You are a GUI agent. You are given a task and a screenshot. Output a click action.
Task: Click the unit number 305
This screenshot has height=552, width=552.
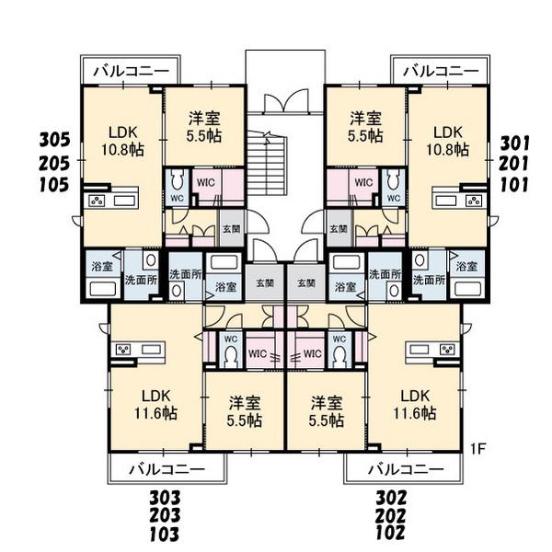coord(54,140)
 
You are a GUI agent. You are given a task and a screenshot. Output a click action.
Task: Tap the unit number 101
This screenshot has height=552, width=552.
coord(514,185)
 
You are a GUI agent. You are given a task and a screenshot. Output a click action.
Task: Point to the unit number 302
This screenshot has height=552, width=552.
coord(391,498)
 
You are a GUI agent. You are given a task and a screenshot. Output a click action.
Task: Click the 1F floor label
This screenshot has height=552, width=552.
coord(478,449)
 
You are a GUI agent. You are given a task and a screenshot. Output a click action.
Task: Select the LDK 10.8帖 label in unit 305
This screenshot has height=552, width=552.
coord(122,141)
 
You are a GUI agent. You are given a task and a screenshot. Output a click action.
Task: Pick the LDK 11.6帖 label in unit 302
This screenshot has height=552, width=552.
coord(415,405)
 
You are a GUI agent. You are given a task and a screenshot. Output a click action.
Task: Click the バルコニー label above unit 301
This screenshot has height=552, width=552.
coord(441,72)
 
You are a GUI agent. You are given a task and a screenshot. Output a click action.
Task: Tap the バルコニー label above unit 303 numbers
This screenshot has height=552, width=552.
coord(167,469)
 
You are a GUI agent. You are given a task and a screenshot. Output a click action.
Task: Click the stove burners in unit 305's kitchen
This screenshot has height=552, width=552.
coord(97,201)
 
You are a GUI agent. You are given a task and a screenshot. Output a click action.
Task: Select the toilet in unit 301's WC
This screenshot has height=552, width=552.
coord(393,182)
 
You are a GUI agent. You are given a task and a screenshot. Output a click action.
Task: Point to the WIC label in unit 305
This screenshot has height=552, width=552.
coord(205,183)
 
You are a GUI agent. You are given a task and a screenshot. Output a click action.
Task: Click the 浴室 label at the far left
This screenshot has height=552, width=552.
coord(102,266)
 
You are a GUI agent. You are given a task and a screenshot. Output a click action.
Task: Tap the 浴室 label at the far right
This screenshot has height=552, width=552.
coord(466,266)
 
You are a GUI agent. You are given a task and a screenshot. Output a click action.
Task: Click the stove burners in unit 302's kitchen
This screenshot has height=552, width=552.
coord(449,350)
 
